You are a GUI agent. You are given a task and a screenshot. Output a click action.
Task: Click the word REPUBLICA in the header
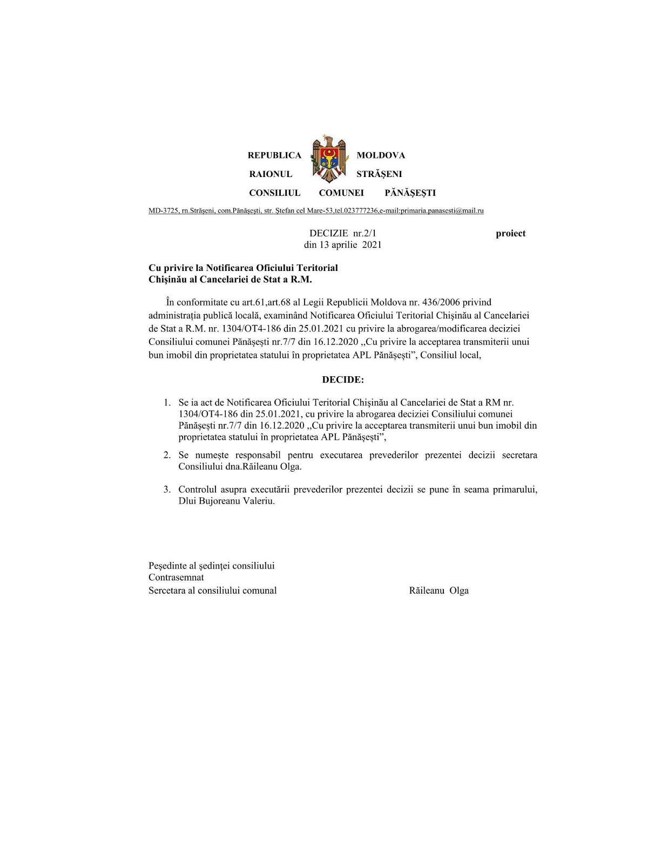(x=274, y=155)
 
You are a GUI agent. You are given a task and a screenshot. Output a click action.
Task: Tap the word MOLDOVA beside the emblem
(x=381, y=155)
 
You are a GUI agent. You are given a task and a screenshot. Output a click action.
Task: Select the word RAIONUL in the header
(x=271, y=174)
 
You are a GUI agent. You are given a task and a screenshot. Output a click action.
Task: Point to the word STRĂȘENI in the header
(x=379, y=174)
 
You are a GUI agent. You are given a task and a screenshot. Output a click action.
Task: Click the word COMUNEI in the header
(x=341, y=193)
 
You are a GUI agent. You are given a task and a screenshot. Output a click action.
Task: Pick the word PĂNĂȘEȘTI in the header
(x=410, y=193)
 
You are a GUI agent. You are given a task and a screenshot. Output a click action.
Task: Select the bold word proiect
(x=510, y=234)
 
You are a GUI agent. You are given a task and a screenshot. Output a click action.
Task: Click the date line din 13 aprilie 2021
(x=343, y=245)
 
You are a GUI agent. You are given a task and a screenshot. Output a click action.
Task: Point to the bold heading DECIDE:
(x=343, y=380)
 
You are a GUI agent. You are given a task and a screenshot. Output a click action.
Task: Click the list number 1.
(x=167, y=403)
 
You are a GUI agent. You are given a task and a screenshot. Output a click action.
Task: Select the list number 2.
(x=167, y=456)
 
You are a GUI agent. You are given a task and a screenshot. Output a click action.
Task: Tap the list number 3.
(x=167, y=490)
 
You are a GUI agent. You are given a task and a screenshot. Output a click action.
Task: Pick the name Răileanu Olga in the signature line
(x=439, y=591)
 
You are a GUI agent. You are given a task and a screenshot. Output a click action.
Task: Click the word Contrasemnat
(x=176, y=578)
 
